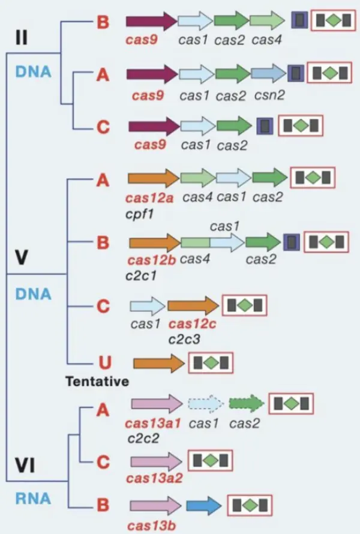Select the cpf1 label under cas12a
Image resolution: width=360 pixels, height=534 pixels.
coord(140,212)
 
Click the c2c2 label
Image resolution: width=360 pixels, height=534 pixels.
coord(143,438)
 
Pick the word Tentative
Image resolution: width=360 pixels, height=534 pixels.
coord(97,382)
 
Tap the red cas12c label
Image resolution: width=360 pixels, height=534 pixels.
coord(192,325)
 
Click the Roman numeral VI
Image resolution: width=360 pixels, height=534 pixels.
coord(25,464)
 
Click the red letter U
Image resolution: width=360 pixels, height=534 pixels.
coord(103,364)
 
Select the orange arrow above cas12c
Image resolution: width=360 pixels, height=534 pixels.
coord(192,307)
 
